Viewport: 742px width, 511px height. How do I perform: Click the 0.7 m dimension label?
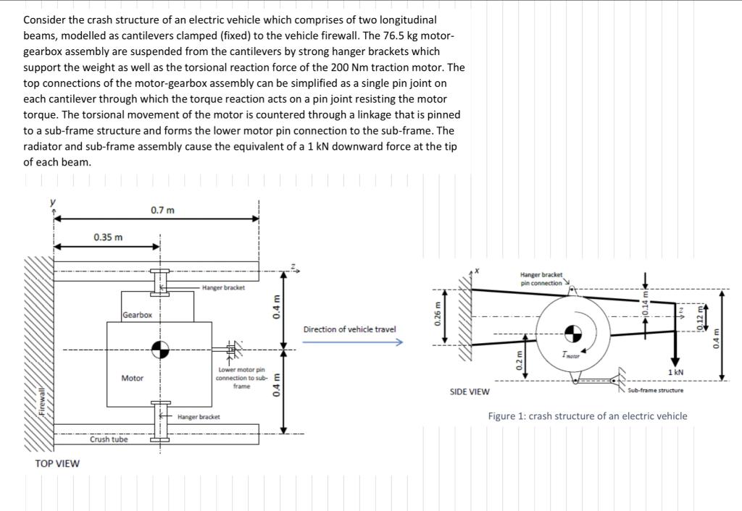162,210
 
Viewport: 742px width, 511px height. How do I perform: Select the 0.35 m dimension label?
108,237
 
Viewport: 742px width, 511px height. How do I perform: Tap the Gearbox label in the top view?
138,315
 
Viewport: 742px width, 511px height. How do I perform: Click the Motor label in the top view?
132,378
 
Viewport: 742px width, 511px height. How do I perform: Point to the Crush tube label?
109,439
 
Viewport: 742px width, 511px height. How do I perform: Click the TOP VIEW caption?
57,463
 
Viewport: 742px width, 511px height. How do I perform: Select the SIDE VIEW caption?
470,392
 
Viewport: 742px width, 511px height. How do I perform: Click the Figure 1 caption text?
588,415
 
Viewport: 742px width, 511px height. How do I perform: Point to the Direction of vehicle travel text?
349,329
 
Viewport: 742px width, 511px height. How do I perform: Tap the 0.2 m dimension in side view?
517,359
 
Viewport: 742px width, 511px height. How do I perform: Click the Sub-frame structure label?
655,390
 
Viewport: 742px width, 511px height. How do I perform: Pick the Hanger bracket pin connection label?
541,278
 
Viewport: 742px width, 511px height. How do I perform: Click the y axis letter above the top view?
51,203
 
